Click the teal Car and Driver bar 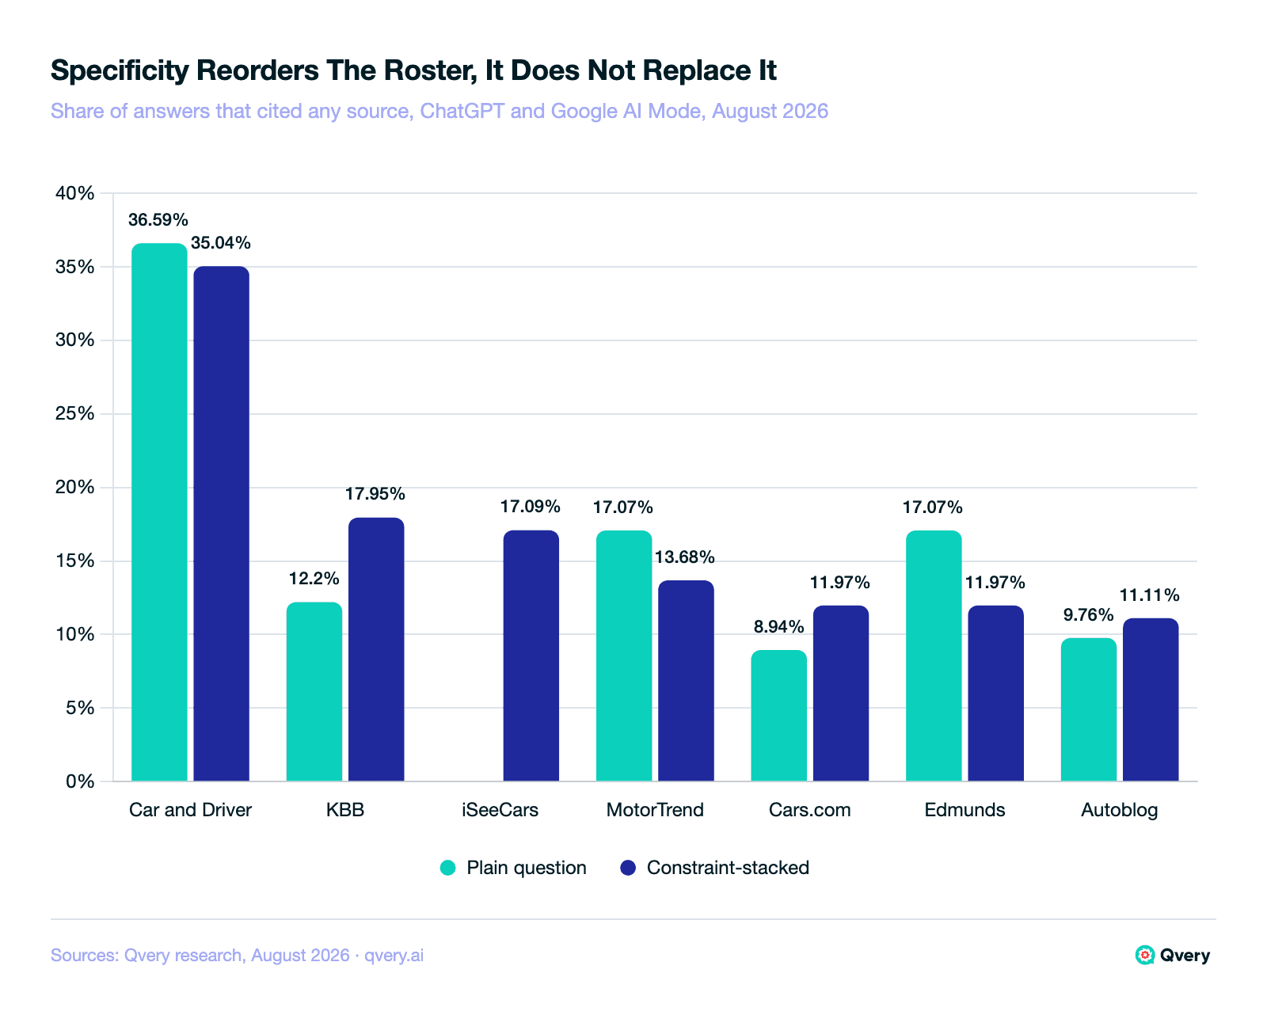click(x=159, y=512)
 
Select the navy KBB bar click(x=376, y=649)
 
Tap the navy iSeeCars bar click(x=531, y=656)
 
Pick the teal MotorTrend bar click(x=624, y=656)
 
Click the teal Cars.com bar click(x=779, y=715)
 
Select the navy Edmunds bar click(x=996, y=693)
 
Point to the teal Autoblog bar click(x=1089, y=709)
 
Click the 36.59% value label click(x=158, y=219)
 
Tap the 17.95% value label click(x=375, y=493)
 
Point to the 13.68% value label click(x=685, y=557)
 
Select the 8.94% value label click(x=779, y=625)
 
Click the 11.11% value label click(x=1149, y=595)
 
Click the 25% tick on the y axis click(x=74, y=413)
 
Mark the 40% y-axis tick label click(x=74, y=192)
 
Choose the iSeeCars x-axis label click(x=500, y=809)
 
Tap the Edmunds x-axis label click(x=965, y=809)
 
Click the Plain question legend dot click(x=448, y=868)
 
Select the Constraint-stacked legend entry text click(x=728, y=867)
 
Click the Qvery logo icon click(x=1144, y=955)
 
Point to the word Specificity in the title click(x=119, y=70)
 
